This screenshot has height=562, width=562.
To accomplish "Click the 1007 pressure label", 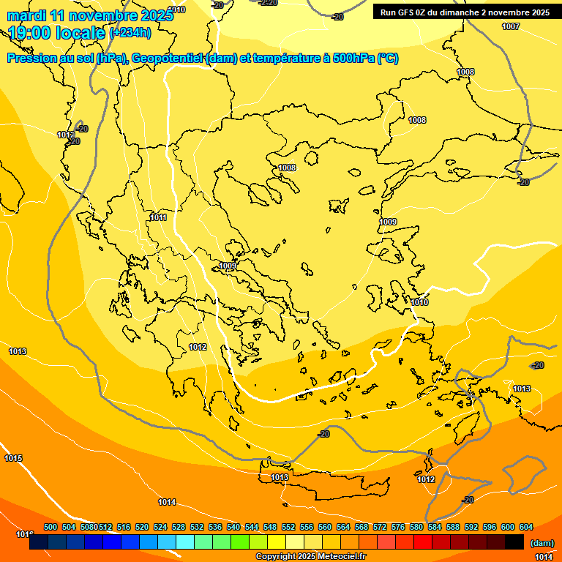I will click(x=511, y=26).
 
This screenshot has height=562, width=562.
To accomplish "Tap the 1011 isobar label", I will click(x=158, y=217).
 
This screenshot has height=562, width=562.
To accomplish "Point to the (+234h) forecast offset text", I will click(x=130, y=32).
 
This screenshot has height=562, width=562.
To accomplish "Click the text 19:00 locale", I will click(x=57, y=33).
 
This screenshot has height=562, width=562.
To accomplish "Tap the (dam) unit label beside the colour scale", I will click(x=542, y=543).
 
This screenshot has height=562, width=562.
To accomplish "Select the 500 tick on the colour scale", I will click(x=50, y=527).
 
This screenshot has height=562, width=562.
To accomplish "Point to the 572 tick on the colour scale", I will click(x=380, y=527).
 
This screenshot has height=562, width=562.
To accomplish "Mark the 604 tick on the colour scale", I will click(x=526, y=527).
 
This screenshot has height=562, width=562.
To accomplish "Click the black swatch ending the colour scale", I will click(x=514, y=542).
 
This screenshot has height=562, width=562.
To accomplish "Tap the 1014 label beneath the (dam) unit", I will click(x=544, y=557).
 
